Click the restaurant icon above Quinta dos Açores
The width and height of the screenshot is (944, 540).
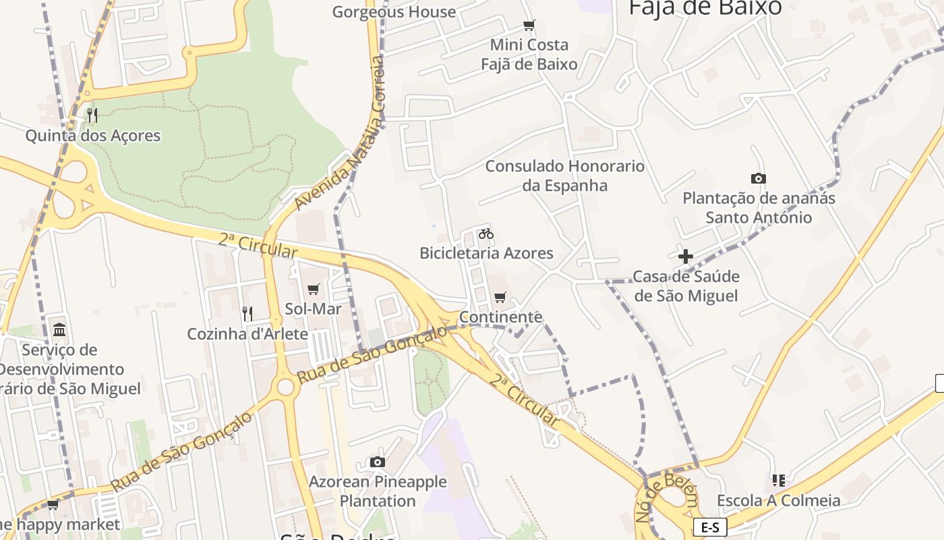(x=92, y=115)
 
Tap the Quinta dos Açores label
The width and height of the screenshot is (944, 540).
(x=93, y=136)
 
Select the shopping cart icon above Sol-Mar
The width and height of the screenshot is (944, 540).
(x=313, y=290)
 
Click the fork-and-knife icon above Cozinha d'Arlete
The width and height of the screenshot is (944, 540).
(x=247, y=313)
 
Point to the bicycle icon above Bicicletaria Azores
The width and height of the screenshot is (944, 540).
(x=486, y=234)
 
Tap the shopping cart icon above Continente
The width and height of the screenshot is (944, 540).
(x=500, y=297)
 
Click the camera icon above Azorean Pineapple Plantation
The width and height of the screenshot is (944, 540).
(x=378, y=462)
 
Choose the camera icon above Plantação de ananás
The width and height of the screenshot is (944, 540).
(x=759, y=178)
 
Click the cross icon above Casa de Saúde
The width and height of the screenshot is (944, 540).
(x=686, y=256)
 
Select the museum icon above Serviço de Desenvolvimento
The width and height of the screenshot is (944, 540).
(x=59, y=330)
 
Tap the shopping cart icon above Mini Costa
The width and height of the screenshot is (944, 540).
(x=529, y=26)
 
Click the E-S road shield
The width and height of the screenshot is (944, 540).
(x=710, y=527)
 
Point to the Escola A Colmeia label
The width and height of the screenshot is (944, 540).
(x=779, y=501)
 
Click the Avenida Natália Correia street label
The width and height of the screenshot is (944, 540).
(x=341, y=132)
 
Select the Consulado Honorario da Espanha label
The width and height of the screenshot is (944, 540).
(x=565, y=175)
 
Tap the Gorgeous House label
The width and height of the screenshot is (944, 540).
(x=394, y=11)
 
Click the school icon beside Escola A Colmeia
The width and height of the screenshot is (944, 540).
(x=779, y=481)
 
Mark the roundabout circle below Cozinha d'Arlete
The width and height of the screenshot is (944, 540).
(x=286, y=387)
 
